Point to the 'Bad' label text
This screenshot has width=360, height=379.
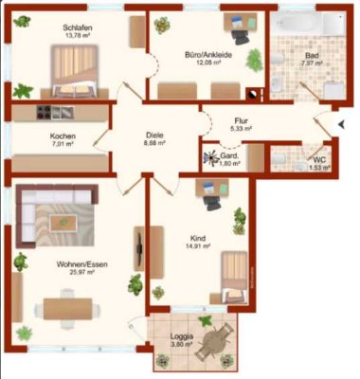click(310, 56)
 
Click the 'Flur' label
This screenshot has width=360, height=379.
click(241, 120)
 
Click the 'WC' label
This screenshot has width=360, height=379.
click(318, 159)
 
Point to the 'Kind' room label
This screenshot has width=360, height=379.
click(198, 239)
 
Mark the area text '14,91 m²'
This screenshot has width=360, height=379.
click(198, 248)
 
